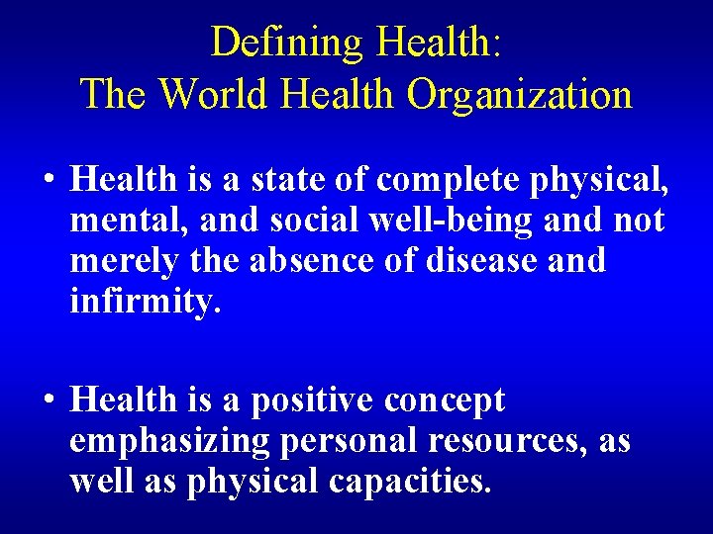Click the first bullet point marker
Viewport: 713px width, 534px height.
48,181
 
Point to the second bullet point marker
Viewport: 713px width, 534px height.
48,401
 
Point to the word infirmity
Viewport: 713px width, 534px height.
141,302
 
